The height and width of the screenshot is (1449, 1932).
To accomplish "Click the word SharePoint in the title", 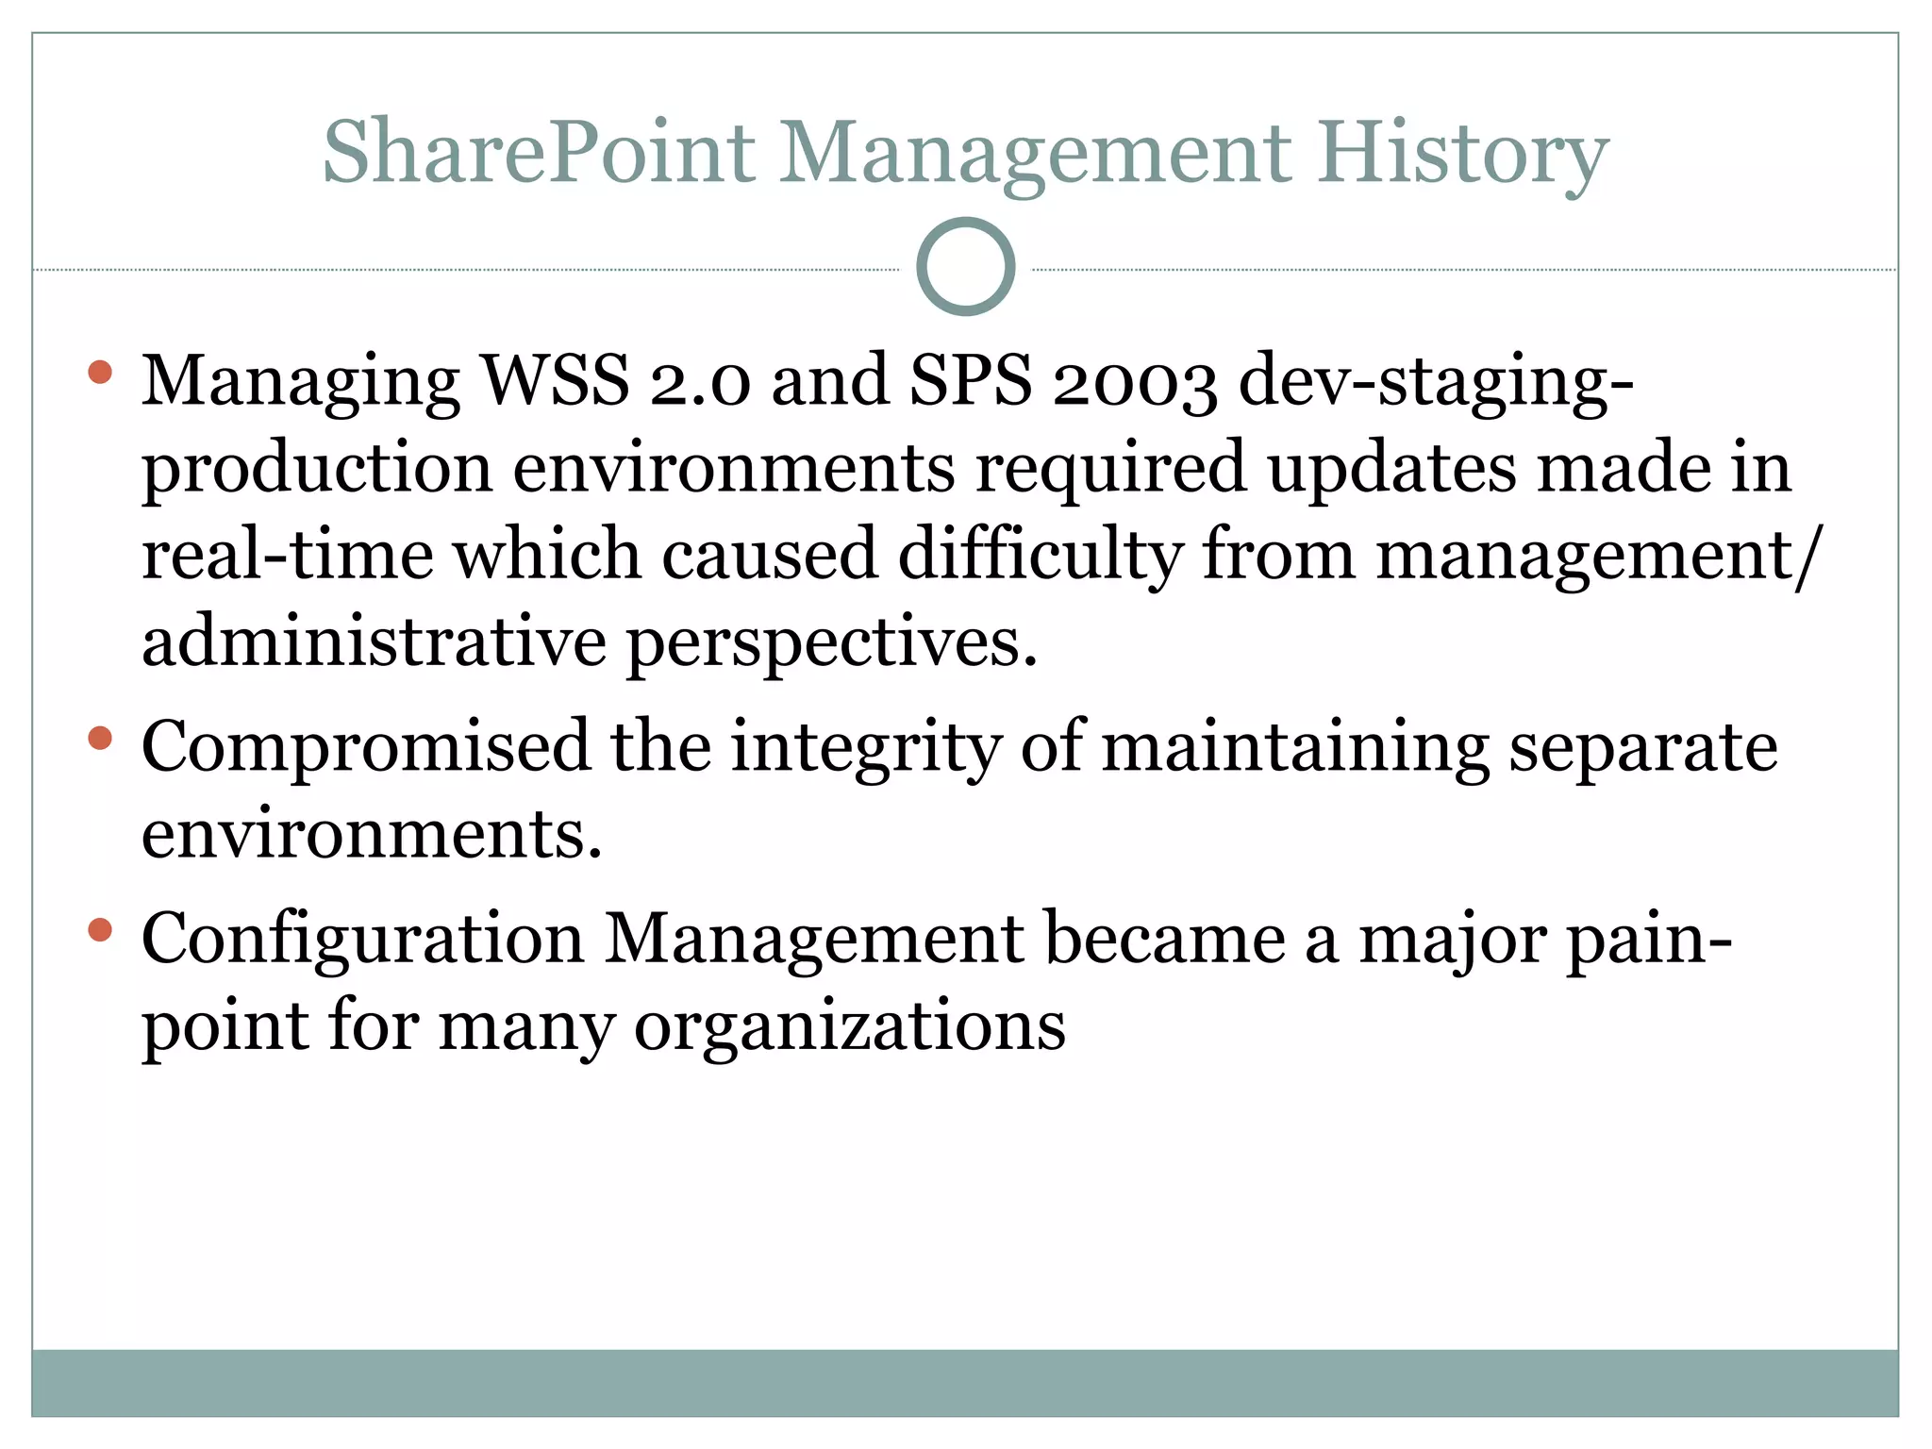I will [x=539, y=153].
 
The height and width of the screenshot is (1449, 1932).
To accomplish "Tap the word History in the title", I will [x=1462, y=153].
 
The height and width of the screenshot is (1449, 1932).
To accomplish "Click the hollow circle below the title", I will [x=965, y=267].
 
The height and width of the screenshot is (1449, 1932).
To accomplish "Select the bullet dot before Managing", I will [x=100, y=372].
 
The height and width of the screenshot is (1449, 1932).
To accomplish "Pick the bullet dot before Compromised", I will [x=100, y=738].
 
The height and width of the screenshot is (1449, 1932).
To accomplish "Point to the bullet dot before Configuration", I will [x=100, y=931].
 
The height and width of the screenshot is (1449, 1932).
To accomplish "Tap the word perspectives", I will [x=832, y=643].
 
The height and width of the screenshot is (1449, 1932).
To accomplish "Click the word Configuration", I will [x=362, y=940].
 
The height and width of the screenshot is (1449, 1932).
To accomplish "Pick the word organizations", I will [x=850, y=1026].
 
